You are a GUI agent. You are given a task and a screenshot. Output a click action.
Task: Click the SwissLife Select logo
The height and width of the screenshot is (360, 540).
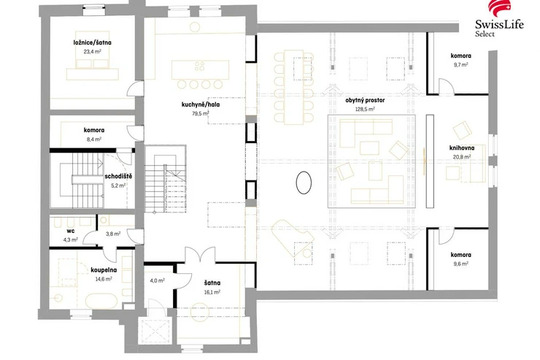499,19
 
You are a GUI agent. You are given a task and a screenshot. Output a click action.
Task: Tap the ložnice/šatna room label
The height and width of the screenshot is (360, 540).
92,42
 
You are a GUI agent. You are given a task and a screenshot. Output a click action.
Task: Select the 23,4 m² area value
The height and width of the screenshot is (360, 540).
92,52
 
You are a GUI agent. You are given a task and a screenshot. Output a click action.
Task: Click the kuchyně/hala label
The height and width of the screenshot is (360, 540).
201,104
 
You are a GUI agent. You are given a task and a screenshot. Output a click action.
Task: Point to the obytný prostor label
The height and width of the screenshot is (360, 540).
365,100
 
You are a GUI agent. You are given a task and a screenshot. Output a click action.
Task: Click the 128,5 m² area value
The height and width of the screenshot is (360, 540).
365,109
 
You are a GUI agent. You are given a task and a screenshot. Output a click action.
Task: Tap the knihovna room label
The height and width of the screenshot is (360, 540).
462,148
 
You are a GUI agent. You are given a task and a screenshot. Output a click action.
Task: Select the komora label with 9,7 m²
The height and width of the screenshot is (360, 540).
460,55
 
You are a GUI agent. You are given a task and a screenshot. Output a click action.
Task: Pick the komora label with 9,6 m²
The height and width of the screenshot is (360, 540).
460,255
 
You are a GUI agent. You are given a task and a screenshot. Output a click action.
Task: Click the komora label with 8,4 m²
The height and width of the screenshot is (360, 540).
94,130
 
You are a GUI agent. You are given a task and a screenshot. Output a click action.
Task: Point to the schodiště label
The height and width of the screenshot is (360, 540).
118,177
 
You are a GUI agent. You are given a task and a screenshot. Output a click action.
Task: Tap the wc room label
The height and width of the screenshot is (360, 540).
70,231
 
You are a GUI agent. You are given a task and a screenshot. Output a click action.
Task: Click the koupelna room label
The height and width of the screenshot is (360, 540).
104,270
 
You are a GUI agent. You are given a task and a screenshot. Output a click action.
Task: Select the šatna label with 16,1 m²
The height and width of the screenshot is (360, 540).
212,283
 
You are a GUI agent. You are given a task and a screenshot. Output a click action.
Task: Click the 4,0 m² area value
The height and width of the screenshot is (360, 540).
157,280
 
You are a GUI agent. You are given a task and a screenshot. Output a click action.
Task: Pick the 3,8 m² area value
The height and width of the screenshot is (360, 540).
113,234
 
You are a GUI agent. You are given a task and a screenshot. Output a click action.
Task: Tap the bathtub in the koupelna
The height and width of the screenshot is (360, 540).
101,301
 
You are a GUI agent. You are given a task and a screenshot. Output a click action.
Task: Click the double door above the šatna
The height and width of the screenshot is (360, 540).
201,254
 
